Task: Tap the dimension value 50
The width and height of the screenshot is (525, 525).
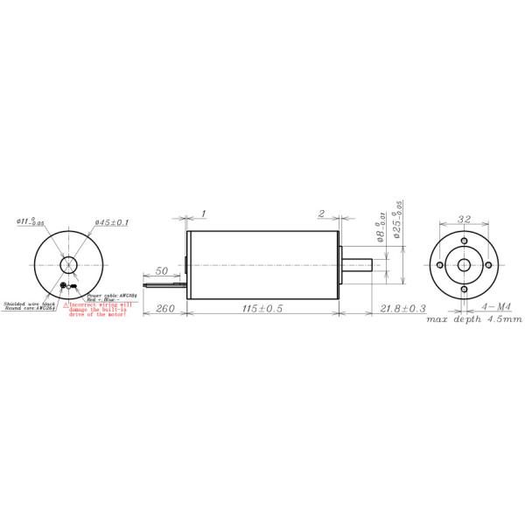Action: pyautogui.click(x=162, y=272)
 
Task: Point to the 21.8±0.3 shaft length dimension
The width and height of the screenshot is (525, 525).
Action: pyautogui.click(x=404, y=309)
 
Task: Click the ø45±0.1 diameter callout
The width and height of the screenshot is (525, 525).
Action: pyautogui.click(x=111, y=223)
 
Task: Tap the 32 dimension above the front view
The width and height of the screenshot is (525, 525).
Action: pyautogui.click(x=464, y=220)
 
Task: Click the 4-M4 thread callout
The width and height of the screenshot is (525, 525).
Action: pyautogui.click(x=496, y=309)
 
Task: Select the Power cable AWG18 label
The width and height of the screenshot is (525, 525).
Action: pyautogui.click(x=105, y=296)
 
